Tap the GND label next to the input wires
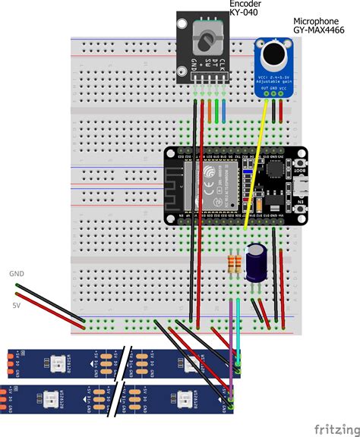point(17,274)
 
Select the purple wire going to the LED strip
point(231,341)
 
